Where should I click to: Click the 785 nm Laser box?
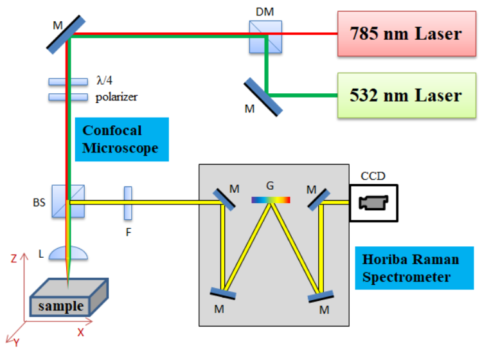[x=407, y=34]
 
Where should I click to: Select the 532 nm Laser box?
[x=407, y=95]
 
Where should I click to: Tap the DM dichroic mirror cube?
[x=265, y=37]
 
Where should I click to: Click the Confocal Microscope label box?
[x=122, y=139]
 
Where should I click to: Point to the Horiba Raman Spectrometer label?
[x=415, y=268]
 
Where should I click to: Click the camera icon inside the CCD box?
[x=373, y=203]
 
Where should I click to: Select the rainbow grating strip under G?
[x=271, y=200]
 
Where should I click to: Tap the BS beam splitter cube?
[x=68, y=201]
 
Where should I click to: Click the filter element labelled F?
[x=128, y=203]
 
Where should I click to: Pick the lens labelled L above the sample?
[x=68, y=253]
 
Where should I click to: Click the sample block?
[x=69, y=297]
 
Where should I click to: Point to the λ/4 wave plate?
[x=68, y=82]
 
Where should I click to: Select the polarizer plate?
[x=68, y=97]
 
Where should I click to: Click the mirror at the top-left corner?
[x=66, y=35]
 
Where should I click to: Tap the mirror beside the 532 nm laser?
[x=263, y=97]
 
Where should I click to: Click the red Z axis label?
[x=14, y=258]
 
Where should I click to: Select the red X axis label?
[x=80, y=332]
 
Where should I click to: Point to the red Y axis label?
[x=16, y=343]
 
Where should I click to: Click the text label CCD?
[x=373, y=176]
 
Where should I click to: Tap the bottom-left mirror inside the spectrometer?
[x=223, y=293]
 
